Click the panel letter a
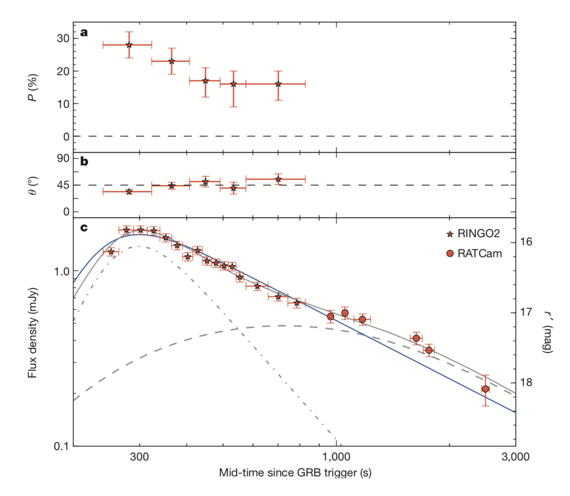pos(84,32)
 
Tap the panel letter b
pos(84,162)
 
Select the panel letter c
pos(84,227)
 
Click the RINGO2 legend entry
pos(473,234)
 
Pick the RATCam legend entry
pos(475,253)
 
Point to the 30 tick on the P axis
pos(63,38)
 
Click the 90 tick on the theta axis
pos(63,158)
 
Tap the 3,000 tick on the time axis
pos(515,457)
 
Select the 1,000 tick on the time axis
pos(336,457)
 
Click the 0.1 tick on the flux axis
pos(62,446)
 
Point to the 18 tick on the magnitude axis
pos(526,383)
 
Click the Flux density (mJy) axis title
pos(32,333)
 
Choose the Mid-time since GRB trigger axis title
pos(295,473)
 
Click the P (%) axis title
pos(32,88)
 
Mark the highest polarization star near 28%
pos(129,45)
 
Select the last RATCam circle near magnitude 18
pos(485,389)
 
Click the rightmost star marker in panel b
pos(278,180)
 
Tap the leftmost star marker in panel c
pos(111,251)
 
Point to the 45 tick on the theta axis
pos(63,185)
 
